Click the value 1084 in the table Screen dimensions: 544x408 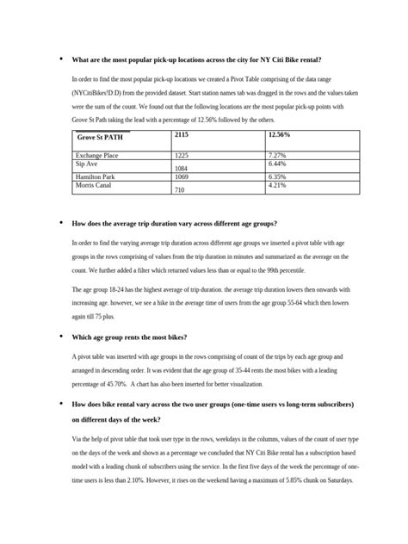[x=182, y=169]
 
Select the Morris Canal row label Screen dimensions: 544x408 [x=94, y=183]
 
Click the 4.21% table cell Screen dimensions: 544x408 [x=278, y=183]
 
